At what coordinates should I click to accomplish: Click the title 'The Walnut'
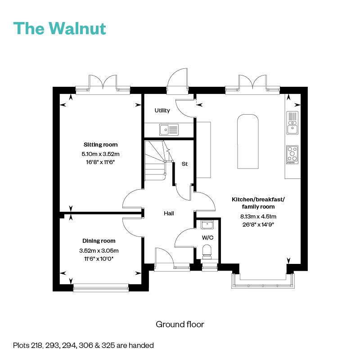[x=60, y=28]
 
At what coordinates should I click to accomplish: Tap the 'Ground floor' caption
[x=180, y=325]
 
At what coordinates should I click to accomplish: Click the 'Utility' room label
[x=162, y=111]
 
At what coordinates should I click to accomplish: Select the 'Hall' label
[x=169, y=214]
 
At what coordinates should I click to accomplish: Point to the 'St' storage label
[x=184, y=164]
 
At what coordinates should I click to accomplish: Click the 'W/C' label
[x=207, y=238]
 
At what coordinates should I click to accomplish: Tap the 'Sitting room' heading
[x=100, y=145]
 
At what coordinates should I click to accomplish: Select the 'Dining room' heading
[x=99, y=241]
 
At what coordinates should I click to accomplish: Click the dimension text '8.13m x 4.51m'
[x=258, y=216]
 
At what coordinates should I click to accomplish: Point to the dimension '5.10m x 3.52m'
[x=100, y=154]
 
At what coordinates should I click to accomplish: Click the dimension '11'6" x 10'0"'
[x=99, y=259]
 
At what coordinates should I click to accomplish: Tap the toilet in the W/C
[x=207, y=252]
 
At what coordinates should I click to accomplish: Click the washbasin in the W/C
[x=207, y=224]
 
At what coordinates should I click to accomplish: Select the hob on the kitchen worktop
[x=292, y=155]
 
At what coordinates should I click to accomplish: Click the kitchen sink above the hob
[x=292, y=123]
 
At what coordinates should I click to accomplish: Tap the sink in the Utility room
[x=169, y=129]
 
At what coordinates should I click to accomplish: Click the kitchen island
[x=248, y=141]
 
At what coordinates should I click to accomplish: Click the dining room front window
[x=101, y=288]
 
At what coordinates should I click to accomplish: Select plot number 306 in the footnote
[x=86, y=345]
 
